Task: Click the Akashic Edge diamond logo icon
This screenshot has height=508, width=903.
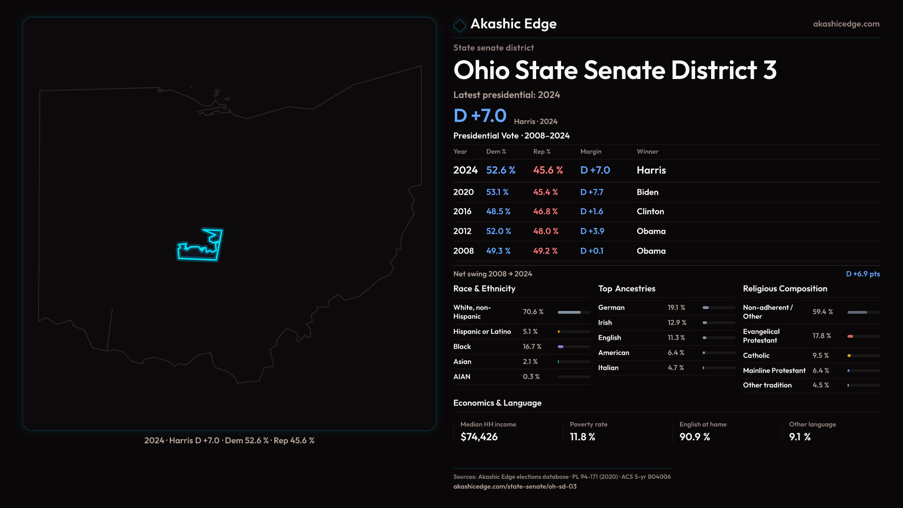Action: (459, 25)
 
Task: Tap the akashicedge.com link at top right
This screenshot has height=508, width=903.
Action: (846, 24)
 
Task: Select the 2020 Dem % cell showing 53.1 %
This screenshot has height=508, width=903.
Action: (497, 192)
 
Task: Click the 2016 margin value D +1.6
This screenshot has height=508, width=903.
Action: (591, 212)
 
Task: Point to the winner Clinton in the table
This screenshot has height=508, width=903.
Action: (650, 212)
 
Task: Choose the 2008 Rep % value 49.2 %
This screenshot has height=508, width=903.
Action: (545, 251)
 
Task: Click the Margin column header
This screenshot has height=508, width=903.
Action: (591, 151)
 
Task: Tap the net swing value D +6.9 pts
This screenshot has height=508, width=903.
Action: (863, 274)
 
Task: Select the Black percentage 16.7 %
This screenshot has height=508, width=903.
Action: (532, 347)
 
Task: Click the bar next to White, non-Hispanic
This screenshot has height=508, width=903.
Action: (573, 312)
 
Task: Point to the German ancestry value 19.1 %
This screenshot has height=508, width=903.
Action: (676, 308)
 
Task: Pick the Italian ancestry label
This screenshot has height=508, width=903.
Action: (608, 368)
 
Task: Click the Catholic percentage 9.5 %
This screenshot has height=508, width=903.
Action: (820, 356)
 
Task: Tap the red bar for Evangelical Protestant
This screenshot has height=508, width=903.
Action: (850, 336)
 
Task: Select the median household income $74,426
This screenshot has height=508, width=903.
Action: (479, 437)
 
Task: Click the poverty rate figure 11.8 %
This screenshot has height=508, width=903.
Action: (582, 437)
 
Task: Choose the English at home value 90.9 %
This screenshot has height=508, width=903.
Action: (694, 437)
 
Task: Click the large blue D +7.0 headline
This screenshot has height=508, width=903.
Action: (480, 116)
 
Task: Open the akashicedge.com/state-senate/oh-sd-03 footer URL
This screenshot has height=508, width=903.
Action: (515, 487)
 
